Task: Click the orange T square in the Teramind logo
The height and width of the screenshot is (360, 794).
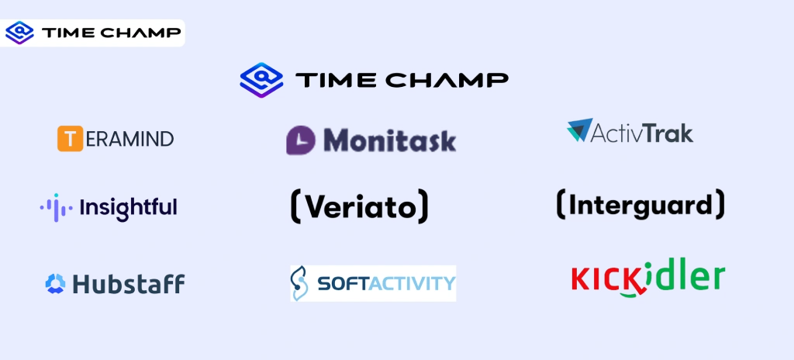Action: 70,139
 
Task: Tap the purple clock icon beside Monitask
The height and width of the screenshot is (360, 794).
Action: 302,140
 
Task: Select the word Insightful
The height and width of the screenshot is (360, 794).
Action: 128,207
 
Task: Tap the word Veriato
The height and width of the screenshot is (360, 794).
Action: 359,206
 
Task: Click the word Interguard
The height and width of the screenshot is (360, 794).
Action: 640,205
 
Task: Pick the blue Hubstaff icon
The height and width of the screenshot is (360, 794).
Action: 55,284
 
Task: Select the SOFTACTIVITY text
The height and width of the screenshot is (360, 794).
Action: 386,283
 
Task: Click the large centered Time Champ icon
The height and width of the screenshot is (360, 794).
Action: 260,78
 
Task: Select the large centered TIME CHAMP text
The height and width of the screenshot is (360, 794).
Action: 402,79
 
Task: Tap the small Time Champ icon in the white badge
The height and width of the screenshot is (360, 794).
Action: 19,33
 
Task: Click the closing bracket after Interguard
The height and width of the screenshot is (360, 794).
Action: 720,204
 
